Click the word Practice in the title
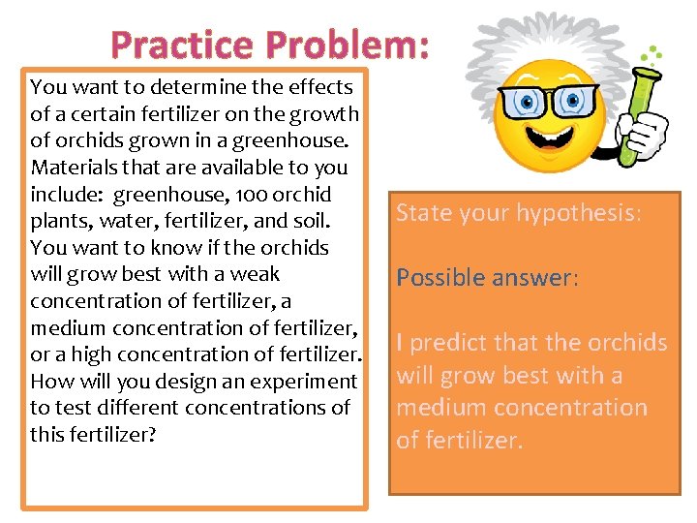181,44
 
